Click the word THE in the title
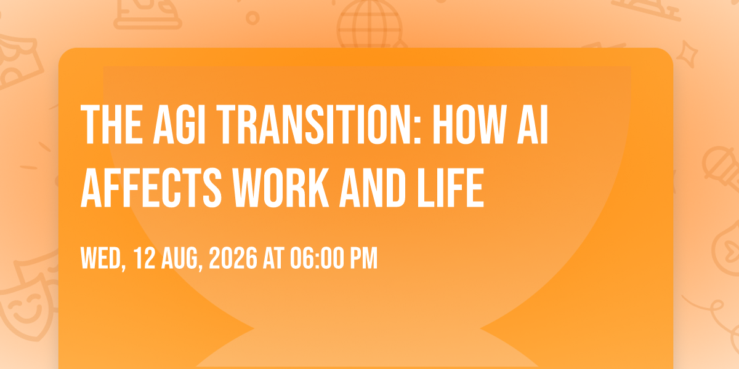[112, 124]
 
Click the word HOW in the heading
[469, 124]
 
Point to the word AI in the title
[533, 124]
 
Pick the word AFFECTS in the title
[151, 188]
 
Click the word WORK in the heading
[281, 188]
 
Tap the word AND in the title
[373, 188]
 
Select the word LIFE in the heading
[450, 188]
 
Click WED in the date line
[103, 259]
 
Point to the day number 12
[144, 258]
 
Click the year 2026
[233, 258]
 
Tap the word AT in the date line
[273, 258]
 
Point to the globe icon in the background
[369, 25]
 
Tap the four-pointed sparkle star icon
[687, 54]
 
